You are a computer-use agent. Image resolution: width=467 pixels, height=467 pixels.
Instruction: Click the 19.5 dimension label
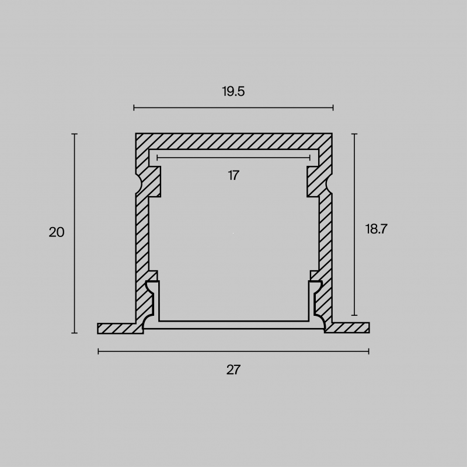(233, 91)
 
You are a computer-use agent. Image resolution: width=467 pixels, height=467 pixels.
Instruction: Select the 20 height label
(57, 232)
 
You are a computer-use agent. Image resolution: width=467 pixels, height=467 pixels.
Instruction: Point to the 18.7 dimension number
(376, 229)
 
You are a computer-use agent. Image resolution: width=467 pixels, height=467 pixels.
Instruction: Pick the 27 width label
(233, 370)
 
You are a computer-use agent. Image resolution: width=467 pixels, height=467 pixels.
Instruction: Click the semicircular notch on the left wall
(139, 184)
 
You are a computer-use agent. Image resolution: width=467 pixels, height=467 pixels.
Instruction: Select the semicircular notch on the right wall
(329, 184)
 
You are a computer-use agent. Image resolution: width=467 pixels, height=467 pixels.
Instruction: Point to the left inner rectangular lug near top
(154, 182)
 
